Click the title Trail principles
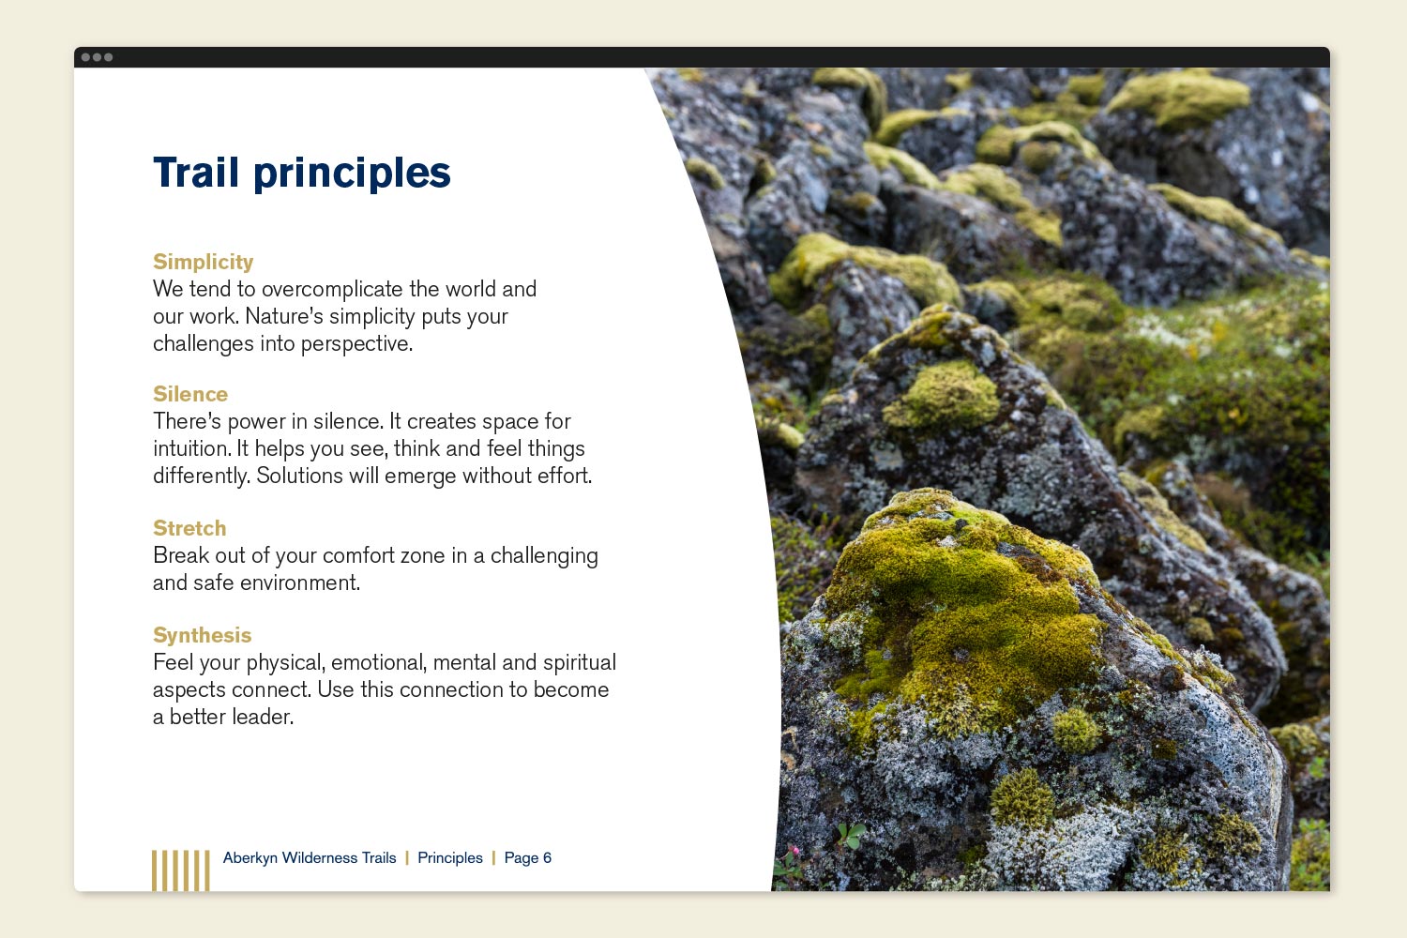(x=301, y=173)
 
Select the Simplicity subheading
(x=203, y=262)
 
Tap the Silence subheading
(x=190, y=394)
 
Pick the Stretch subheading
(x=189, y=528)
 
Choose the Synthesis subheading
(x=203, y=635)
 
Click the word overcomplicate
(x=332, y=289)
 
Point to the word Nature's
(x=283, y=316)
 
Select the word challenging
(x=544, y=556)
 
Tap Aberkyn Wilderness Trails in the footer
(x=310, y=857)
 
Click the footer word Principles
(x=450, y=857)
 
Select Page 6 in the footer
(x=527, y=857)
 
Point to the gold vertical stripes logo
(x=181, y=870)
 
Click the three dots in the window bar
(x=97, y=57)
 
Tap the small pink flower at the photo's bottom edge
(x=794, y=852)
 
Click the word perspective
(x=356, y=343)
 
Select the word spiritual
(x=580, y=663)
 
